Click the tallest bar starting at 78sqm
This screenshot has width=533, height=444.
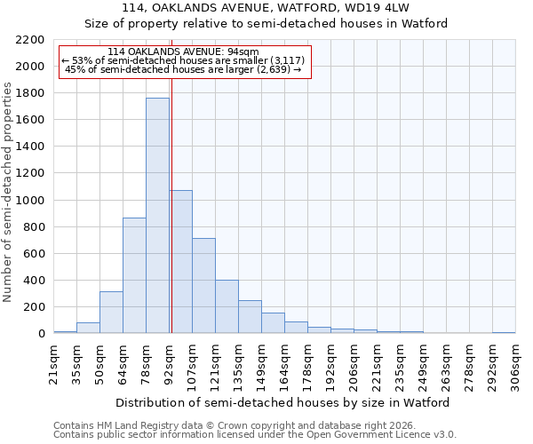point(157,216)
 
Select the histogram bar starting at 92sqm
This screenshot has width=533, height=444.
point(181,262)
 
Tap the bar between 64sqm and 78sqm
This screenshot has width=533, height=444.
point(134,275)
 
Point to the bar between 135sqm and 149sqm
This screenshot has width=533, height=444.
point(250,317)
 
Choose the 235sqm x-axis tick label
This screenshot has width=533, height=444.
point(400,362)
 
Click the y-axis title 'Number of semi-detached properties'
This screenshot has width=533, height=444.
point(9,192)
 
